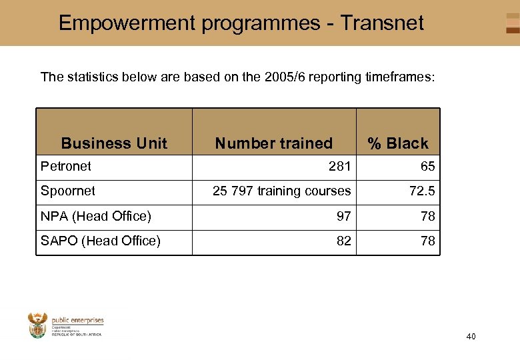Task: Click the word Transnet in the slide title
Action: click(x=382, y=23)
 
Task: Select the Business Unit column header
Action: click(x=114, y=143)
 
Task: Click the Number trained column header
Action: click(x=273, y=143)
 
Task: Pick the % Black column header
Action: click(x=398, y=143)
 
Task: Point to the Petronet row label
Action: click(x=66, y=166)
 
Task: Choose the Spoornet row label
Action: click(x=68, y=191)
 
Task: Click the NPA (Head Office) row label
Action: click(x=96, y=216)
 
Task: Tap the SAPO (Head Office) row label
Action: click(x=101, y=241)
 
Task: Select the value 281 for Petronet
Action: click(x=339, y=166)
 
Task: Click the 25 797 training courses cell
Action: click(x=281, y=191)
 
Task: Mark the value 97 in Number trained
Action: click(x=343, y=216)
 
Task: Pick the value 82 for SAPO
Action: click(x=343, y=241)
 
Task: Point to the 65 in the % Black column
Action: click(x=427, y=166)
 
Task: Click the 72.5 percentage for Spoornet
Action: click(x=422, y=191)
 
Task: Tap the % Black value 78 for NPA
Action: click(x=427, y=216)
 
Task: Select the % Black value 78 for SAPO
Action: click(x=427, y=241)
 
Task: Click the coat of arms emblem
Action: click(x=38, y=325)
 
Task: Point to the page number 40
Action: click(x=471, y=337)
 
